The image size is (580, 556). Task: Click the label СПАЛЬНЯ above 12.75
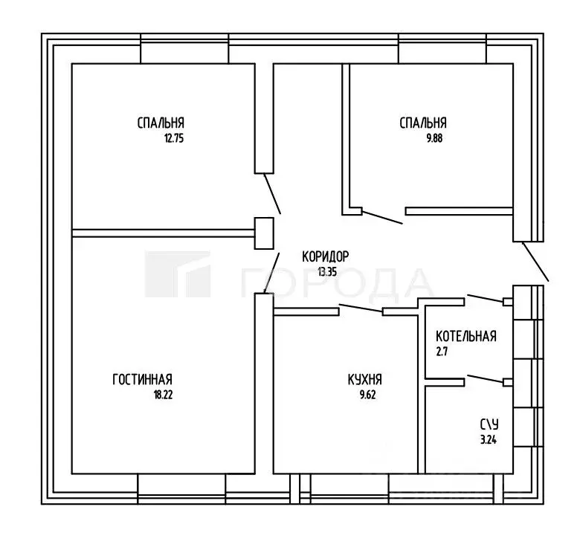tap(161, 123)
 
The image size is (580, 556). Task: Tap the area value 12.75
tap(173, 138)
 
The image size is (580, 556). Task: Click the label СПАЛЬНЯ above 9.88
tap(423, 123)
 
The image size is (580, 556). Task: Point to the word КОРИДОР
tap(325, 257)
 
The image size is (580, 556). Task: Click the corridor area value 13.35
tap(327, 272)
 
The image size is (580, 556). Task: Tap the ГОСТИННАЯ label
tap(143, 380)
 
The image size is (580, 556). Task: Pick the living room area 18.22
tap(163, 395)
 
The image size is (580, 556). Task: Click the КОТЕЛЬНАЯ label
tap(465, 337)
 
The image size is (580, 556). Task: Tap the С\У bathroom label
tap(489, 425)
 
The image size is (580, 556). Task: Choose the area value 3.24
tap(489, 439)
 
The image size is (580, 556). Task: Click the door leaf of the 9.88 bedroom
tap(381, 217)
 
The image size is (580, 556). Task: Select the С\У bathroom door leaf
tap(485, 379)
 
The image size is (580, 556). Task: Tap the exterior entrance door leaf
tap(535, 261)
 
